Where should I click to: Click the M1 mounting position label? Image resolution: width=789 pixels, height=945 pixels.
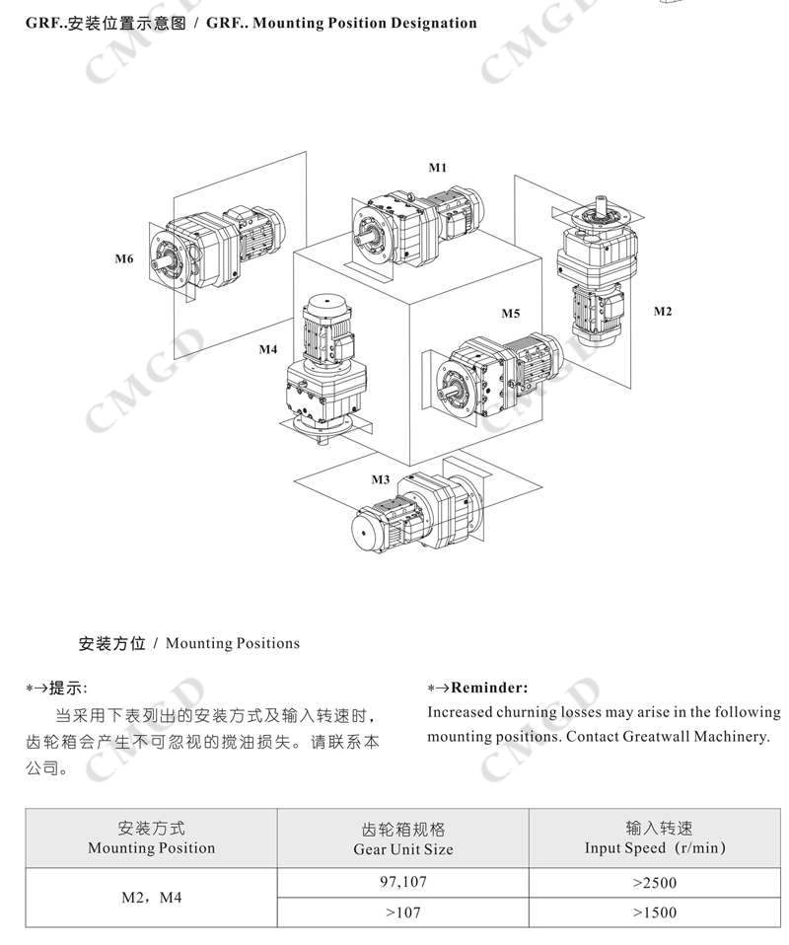tap(437, 168)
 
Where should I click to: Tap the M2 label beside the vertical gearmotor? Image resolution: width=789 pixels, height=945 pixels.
tap(663, 312)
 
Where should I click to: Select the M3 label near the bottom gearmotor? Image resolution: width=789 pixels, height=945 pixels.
tap(381, 479)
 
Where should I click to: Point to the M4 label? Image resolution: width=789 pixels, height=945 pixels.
tap(268, 349)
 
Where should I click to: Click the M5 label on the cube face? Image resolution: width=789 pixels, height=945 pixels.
tap(510, 314)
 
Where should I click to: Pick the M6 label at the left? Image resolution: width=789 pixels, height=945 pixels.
tap(123, 259)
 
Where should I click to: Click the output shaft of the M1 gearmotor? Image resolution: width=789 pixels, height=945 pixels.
tap(369, 238)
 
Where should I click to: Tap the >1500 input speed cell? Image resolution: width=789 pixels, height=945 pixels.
tap(654, 912)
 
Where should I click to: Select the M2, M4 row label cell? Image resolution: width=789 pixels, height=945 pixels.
tap(151, 898)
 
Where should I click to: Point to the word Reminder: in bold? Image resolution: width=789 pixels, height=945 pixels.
tap(489, 688)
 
